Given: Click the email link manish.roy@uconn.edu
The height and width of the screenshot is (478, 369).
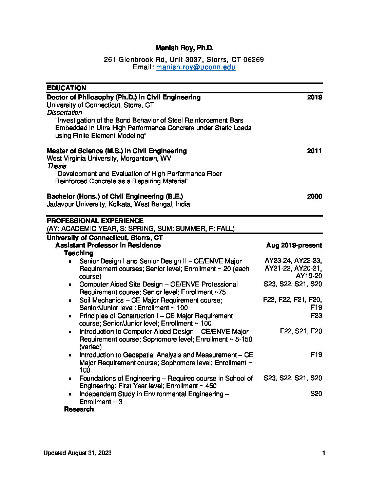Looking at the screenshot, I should (x=196, y=67).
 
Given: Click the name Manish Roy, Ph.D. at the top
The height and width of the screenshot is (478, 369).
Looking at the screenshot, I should (x=184, y=48).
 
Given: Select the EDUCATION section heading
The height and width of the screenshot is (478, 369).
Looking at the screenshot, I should (x=66, y=88).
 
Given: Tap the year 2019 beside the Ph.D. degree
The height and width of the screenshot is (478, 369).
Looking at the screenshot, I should (x=314, y=97).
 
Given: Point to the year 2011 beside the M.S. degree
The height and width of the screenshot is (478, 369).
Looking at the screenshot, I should (x=314, y=151).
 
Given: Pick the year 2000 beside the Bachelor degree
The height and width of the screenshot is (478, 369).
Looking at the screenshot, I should (x=314, y=197).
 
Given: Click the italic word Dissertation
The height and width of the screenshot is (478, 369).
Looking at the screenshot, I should (x=64, y=113).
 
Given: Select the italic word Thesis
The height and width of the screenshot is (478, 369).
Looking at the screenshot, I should (x=57, y=166).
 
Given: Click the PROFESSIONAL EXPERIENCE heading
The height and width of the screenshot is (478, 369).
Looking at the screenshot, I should (x=95, y=221).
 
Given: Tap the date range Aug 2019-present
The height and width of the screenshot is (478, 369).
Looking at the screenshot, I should (x=294, y=245).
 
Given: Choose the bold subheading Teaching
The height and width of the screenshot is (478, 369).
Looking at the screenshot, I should (x=78, y=253).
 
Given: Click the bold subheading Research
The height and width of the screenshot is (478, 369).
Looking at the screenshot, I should (x=79, y=409).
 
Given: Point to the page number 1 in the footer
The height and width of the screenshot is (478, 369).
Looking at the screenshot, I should (x=324, y=453).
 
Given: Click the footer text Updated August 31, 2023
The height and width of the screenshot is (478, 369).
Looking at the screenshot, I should (x=77, y=453).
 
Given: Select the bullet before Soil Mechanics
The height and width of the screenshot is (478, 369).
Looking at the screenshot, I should (x=70, y=300).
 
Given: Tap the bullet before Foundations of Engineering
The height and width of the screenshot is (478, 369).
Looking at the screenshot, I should (x=70, y=379).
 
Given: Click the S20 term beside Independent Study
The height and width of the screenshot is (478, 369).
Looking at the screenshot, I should (x=316, y=394).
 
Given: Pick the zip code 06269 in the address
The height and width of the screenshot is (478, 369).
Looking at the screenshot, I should (x=254, y=60).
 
